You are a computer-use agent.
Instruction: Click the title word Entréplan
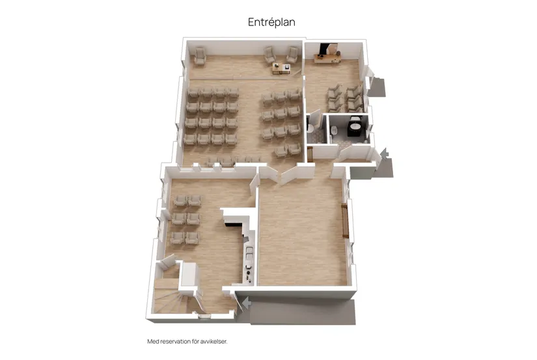coord(271,22)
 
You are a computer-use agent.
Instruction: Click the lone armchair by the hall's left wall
coord(200,56)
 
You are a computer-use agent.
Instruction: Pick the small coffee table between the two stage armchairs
coord(281,68)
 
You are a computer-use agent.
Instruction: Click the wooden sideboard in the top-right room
coord(327,59)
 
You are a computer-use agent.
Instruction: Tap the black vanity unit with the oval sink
coord(355,128)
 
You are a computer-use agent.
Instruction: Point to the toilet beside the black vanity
coord(335,130)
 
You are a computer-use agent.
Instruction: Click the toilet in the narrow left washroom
coord(310,128)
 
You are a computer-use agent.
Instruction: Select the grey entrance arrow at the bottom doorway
coord(246,303)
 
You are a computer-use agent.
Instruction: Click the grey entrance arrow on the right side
coord(384,153)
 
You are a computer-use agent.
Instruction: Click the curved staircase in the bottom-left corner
coord(169,299)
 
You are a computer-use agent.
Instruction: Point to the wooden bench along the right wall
coord(345,220)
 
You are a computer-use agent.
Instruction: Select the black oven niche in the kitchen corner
coord(233,225)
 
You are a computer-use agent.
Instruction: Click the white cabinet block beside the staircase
coord(189,274)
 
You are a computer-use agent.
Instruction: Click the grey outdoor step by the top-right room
coord(378,88)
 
